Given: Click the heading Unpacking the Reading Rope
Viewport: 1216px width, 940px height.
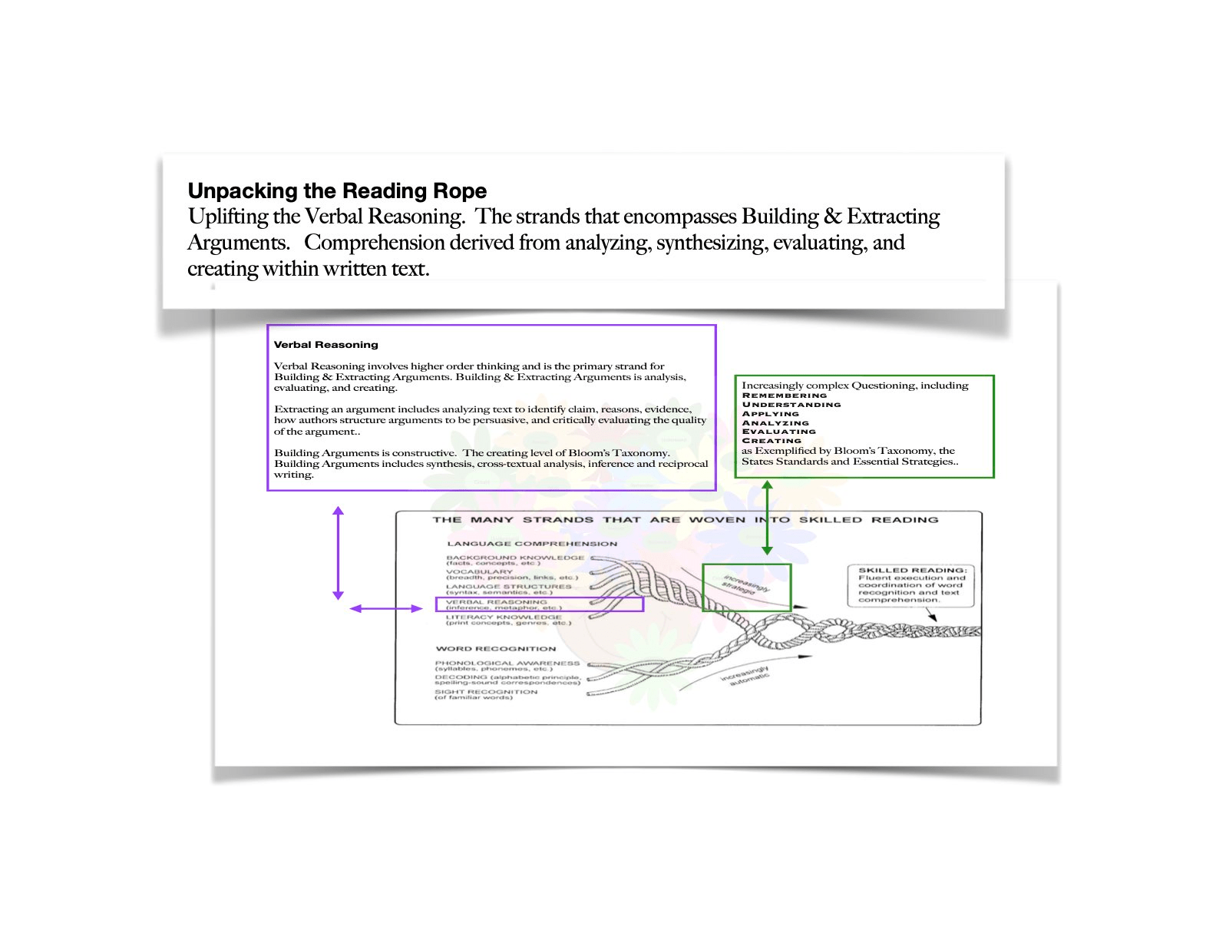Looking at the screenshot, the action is pos(337,191).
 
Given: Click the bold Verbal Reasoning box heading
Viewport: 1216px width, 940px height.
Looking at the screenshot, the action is pos(325,345).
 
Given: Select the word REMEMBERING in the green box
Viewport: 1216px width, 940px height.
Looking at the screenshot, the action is pos(784,396).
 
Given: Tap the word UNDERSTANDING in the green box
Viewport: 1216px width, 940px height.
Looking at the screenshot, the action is pos(791,405).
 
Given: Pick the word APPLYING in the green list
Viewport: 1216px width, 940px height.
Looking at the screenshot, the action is pos(770,414).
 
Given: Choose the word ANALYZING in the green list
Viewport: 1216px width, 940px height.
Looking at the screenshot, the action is pos(775,423).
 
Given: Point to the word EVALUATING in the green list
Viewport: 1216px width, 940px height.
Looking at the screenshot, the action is pos(778,432).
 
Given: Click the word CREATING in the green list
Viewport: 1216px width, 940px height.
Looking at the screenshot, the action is pos(771,441).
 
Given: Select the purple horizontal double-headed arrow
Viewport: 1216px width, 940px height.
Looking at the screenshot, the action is pos(386,608).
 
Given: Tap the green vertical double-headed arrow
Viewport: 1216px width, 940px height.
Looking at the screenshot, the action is pos(766,518).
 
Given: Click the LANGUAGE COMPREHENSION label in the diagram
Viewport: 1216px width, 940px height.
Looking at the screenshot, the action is pos(531,544).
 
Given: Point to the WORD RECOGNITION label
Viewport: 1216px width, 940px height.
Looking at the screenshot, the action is pos(495,649).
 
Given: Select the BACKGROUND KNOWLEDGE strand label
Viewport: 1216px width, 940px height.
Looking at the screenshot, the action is pos(514,558).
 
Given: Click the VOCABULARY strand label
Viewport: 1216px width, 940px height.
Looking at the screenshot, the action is pos(479,571).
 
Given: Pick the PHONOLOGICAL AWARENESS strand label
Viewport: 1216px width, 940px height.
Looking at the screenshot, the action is pos(507,663).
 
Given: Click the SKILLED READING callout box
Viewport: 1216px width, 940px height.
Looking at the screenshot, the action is pos(910,585).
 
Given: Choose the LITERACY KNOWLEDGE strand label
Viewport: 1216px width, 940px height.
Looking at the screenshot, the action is pos(504,617).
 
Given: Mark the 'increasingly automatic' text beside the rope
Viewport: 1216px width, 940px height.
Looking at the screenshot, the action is pos(744,677).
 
